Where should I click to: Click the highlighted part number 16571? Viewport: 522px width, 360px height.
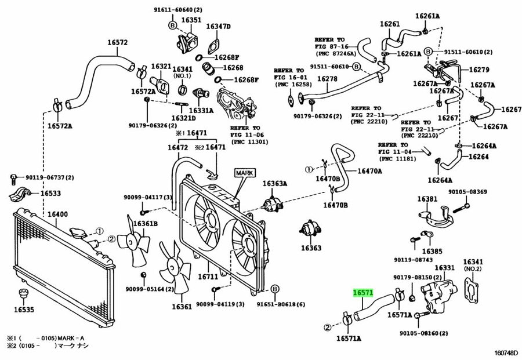(363, 293)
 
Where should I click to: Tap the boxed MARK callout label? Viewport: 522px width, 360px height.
(244, 173)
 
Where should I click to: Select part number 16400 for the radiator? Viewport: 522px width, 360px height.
(57, 214)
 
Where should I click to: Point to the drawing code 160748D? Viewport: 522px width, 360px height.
(506, 352)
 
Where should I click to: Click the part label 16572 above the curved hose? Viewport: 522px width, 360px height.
(117, 42)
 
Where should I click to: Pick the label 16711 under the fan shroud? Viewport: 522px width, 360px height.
(208, 277)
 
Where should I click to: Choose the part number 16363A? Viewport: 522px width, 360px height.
(275, 183)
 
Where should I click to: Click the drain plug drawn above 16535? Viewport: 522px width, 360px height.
(23, 294)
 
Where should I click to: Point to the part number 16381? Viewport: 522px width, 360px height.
(427, 199)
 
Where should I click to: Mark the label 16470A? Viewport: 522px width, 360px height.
(369, 171)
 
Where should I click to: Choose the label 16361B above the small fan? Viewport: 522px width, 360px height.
(145, 224)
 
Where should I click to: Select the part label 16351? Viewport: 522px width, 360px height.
(191, 20)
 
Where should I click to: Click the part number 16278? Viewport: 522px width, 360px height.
(327, 79)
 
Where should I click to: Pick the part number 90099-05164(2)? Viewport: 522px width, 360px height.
(150, 289)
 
